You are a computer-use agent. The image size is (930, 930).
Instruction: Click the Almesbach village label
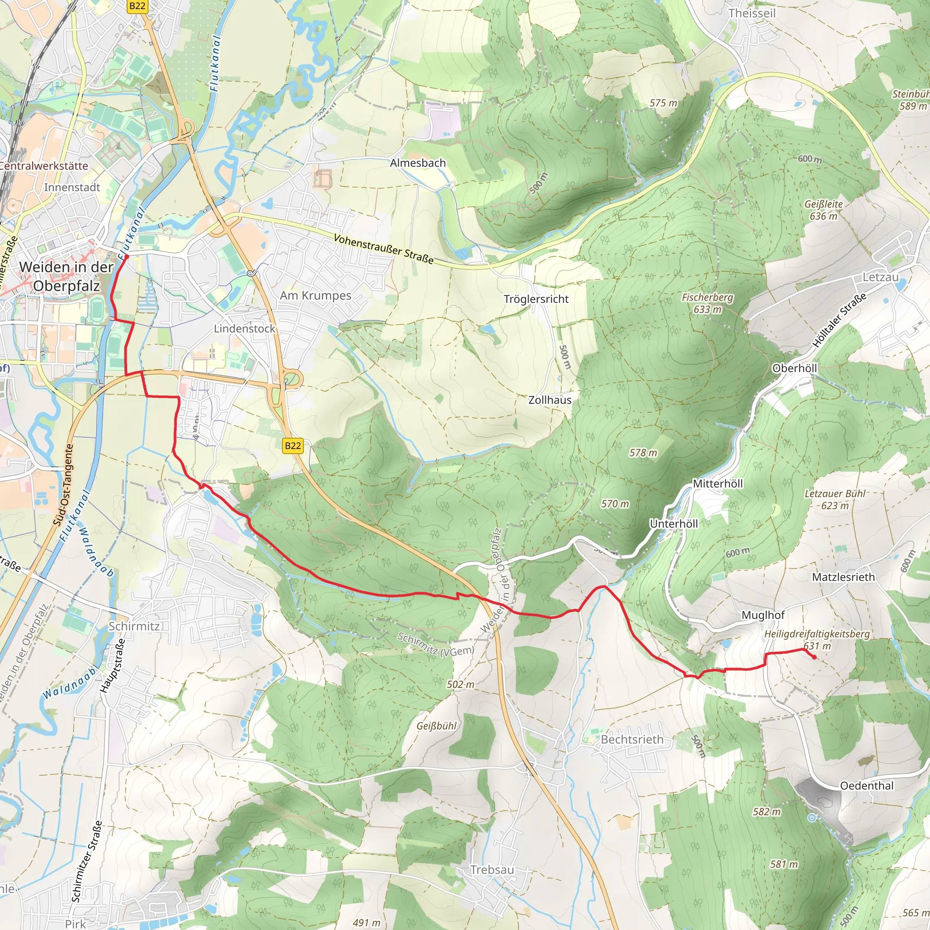(417, 163)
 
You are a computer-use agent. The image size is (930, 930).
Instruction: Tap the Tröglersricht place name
(536, 299)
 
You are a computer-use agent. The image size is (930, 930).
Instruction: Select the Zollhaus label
(550, 400)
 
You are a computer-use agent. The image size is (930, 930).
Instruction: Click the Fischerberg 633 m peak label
(707, 303)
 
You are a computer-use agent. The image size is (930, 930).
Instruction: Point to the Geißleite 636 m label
(823, 210)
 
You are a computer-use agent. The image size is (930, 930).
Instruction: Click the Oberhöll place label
(794, 368)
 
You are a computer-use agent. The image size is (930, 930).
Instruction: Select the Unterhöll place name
(673, 524)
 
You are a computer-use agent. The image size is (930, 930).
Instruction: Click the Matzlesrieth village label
(843, 577)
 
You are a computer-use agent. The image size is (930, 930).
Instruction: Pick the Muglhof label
(763, 615)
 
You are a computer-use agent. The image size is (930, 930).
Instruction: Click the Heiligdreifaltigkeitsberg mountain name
(817, 634)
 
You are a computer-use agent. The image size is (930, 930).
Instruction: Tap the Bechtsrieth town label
(632, 739)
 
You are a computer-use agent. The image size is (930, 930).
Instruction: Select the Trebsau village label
(492, 870)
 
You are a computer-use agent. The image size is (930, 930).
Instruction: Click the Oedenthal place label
(866, 786)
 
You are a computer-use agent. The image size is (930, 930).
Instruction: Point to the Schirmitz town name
(134, 626)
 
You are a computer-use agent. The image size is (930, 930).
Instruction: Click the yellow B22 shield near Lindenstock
(293, 446)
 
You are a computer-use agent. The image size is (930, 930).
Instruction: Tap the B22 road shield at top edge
(137, 6)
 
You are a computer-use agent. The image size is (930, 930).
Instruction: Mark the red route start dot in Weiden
(127, 257)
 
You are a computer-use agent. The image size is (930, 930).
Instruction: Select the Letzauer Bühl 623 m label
(835, 500)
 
